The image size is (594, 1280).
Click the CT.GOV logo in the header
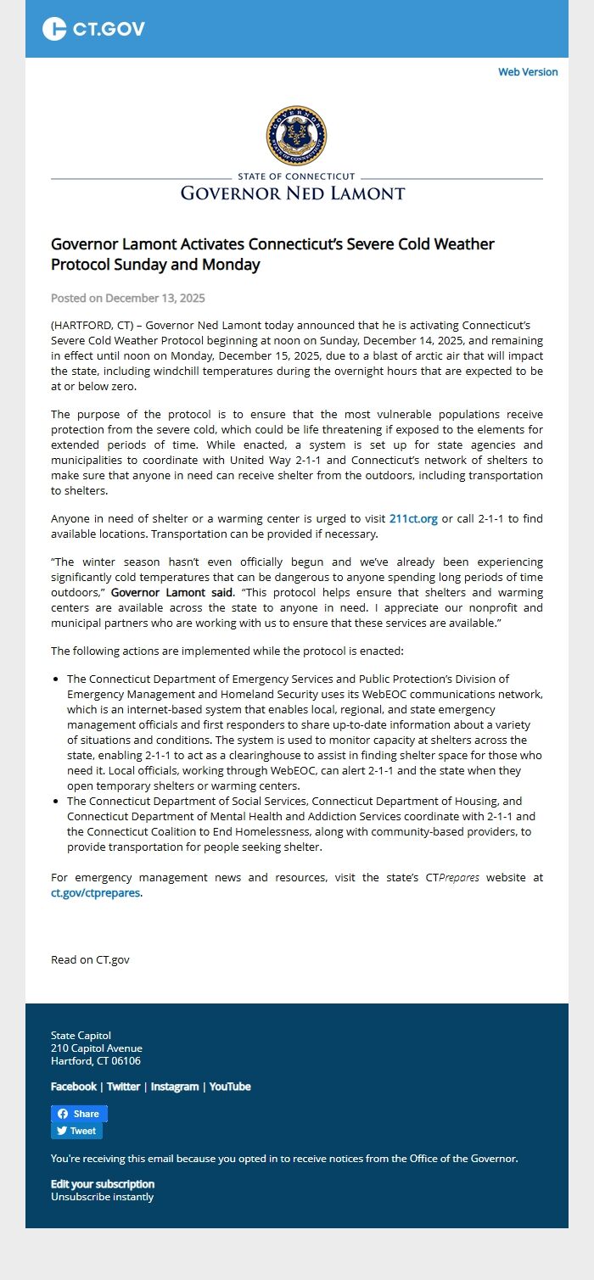93,29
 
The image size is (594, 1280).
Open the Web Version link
528,72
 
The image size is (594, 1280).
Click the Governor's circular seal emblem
296,136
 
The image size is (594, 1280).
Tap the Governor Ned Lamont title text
293,193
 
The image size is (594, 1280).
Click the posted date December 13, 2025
127,299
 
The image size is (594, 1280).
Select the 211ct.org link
413,519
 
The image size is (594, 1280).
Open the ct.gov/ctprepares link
95,893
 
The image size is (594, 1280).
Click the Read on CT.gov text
90,959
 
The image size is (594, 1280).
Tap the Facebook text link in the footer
74,1087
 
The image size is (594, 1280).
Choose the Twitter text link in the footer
123,1087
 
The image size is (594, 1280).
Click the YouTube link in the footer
230,1087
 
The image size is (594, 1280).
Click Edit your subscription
103,1184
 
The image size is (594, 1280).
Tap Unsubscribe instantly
102,1197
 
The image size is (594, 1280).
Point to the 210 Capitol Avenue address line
97,1048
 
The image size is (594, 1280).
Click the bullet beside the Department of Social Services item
56,802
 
